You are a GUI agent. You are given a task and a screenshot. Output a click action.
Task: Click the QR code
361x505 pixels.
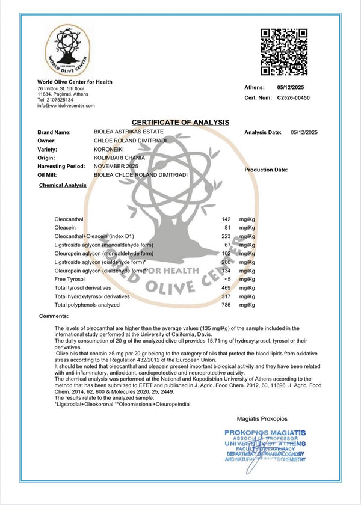[284, 51]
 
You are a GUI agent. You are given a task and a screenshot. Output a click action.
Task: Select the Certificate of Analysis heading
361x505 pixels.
[180, 122]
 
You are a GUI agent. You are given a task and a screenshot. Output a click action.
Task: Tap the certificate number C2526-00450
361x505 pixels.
[293, 97]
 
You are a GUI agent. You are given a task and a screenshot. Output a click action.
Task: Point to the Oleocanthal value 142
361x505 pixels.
[227, 221]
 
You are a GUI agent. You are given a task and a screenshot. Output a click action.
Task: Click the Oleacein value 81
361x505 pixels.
[228, 229]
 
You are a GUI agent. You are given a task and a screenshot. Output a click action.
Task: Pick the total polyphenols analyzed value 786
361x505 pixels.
[227, 305]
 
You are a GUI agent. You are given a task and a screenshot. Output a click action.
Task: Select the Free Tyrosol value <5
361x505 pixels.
[227, 280]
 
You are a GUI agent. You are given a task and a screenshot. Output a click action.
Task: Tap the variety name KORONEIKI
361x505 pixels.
[110, 148]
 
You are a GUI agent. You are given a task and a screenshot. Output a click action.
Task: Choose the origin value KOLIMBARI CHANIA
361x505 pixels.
[120, 157]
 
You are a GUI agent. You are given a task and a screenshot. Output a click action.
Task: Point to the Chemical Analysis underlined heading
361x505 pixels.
[63, 185]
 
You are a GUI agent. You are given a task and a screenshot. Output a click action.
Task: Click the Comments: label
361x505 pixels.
[54, 316]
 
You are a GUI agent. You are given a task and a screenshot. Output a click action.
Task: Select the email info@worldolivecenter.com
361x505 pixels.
[66, 105]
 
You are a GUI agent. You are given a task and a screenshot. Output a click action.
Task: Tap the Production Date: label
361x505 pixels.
[266, 170]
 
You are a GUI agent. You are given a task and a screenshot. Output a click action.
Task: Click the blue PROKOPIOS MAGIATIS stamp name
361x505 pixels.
[265, 432]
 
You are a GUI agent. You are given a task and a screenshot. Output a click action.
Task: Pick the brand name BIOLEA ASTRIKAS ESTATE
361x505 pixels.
[129, 132]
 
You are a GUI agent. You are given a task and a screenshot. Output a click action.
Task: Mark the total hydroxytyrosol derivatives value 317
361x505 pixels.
[227, 296]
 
